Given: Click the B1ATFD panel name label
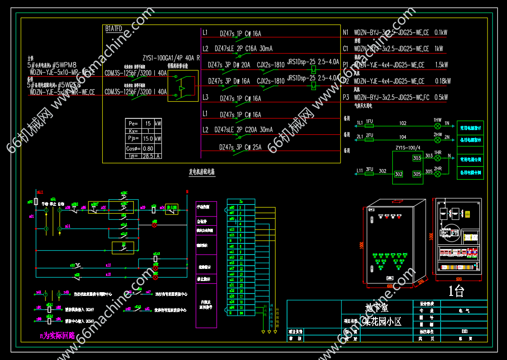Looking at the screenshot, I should tap(114, 29).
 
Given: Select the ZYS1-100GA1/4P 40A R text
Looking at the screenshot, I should tap(171, 58).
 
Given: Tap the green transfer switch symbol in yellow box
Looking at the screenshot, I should tap(182, 86).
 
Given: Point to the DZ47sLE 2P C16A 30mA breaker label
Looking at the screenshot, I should tap(244, 48).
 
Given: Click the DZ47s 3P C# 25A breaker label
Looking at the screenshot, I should tap(240, 147).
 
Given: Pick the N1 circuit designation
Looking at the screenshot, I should tap(345, 33).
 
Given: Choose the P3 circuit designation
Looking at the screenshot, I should tap(346, 98).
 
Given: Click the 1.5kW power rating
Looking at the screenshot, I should tap(441, 65).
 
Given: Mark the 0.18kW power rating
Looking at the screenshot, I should tap(442, 81).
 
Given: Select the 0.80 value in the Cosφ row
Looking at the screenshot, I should tap(148, 148).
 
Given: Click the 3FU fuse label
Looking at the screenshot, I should tap(369, 169).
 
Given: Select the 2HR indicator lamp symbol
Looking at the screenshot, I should tap(437, 174).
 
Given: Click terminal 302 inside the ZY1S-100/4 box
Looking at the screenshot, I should tap(398, 174).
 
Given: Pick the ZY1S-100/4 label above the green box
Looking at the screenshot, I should tap(408, 148).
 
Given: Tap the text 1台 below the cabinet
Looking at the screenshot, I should tap(456, 291).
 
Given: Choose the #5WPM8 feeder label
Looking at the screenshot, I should tap(65, 65).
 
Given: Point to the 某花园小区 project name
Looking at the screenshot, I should tap(382, 321).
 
